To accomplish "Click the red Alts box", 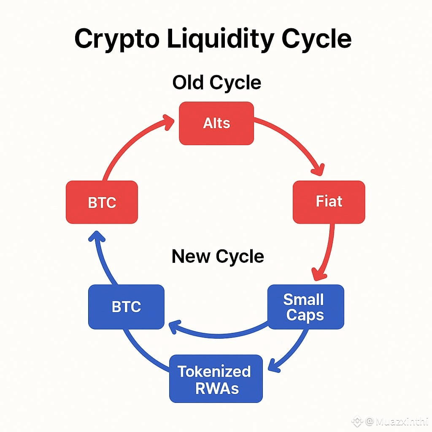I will click(216, 123).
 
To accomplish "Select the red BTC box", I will click(102, 202).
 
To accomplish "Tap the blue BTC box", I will click(126, 307).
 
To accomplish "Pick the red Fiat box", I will click(329, 202).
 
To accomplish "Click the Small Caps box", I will click(306, 307).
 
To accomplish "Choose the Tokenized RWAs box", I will click(216, 379).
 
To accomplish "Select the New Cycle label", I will click(218, 256).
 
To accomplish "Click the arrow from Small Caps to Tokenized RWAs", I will click(291, 350).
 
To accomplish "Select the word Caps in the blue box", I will click(305, 315).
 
